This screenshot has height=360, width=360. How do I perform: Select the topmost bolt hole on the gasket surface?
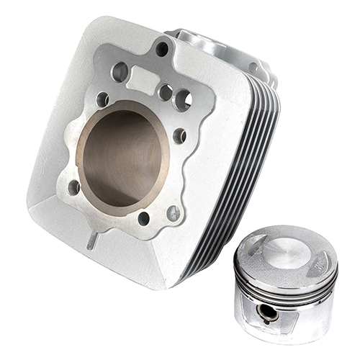pyautogui.click(x=162, y=49)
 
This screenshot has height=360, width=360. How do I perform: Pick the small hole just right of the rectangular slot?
pyautogui.click(x=166, y=92)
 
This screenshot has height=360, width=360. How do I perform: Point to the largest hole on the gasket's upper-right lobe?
pyautogui.click(x=183, y=99)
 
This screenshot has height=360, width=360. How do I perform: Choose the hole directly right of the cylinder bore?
pyautogui.click(x=179, y=135)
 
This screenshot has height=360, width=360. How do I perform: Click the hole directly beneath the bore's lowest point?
pyautogui.click(x=143, y=217)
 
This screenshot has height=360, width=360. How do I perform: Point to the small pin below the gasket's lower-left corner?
pyautogui.click(x=92, y=241)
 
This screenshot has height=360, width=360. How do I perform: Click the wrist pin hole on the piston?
pyautogui.click(x=268, y=311)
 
